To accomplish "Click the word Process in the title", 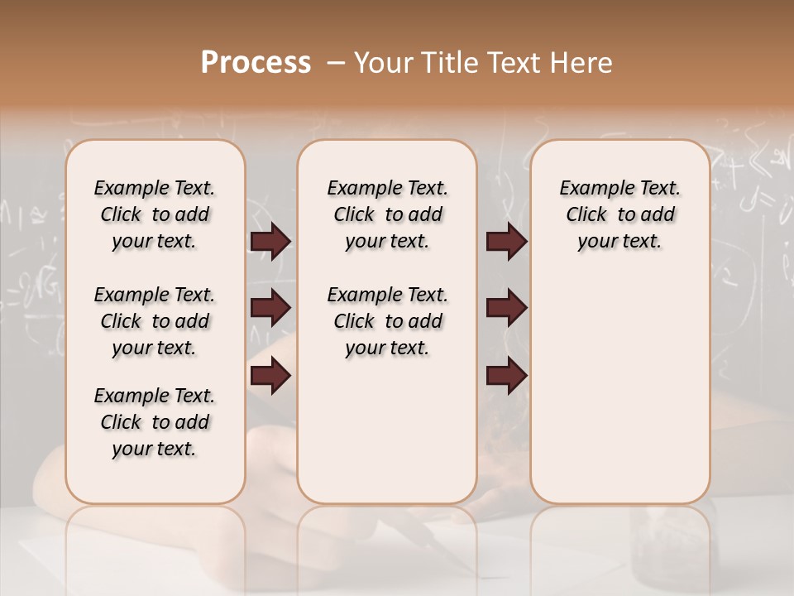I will coord(256,63).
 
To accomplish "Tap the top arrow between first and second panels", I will coord(270,241).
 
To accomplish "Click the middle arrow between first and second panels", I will coord(270,308).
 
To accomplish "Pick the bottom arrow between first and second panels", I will coord(270,376).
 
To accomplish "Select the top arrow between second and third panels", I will coord(506,241).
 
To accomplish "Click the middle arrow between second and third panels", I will coord(506,308).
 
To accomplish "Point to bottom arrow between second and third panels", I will coord(506,376).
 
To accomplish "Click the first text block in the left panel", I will coord(155,214).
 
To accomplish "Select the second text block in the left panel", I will coord(155,321).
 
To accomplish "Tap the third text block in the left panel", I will coord(155,422).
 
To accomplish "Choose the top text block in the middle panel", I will coord(387,214).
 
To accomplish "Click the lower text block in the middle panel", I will coord(387,321).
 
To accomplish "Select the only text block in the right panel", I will coord(620,214).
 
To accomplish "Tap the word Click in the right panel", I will coord(586,214).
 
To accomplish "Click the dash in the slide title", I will coord(336,63).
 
